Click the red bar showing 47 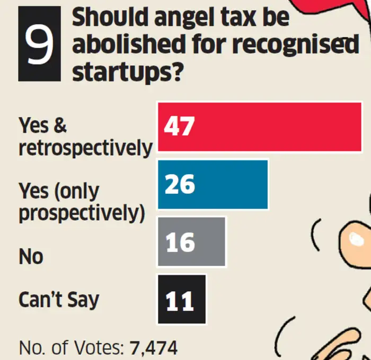click(x=260, y=127)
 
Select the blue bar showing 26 click(x=213, y=184)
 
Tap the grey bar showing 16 click(x=192, y=242)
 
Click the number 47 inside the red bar click(x=180, y=127)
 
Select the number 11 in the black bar click(x=180, y=300)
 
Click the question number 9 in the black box click(x=40, y=45)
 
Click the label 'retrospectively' click(x=85, y=148)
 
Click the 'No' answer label click(x=31, y=257)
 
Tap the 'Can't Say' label click(x=59, y=300)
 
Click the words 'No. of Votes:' click(x=71, y=348)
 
